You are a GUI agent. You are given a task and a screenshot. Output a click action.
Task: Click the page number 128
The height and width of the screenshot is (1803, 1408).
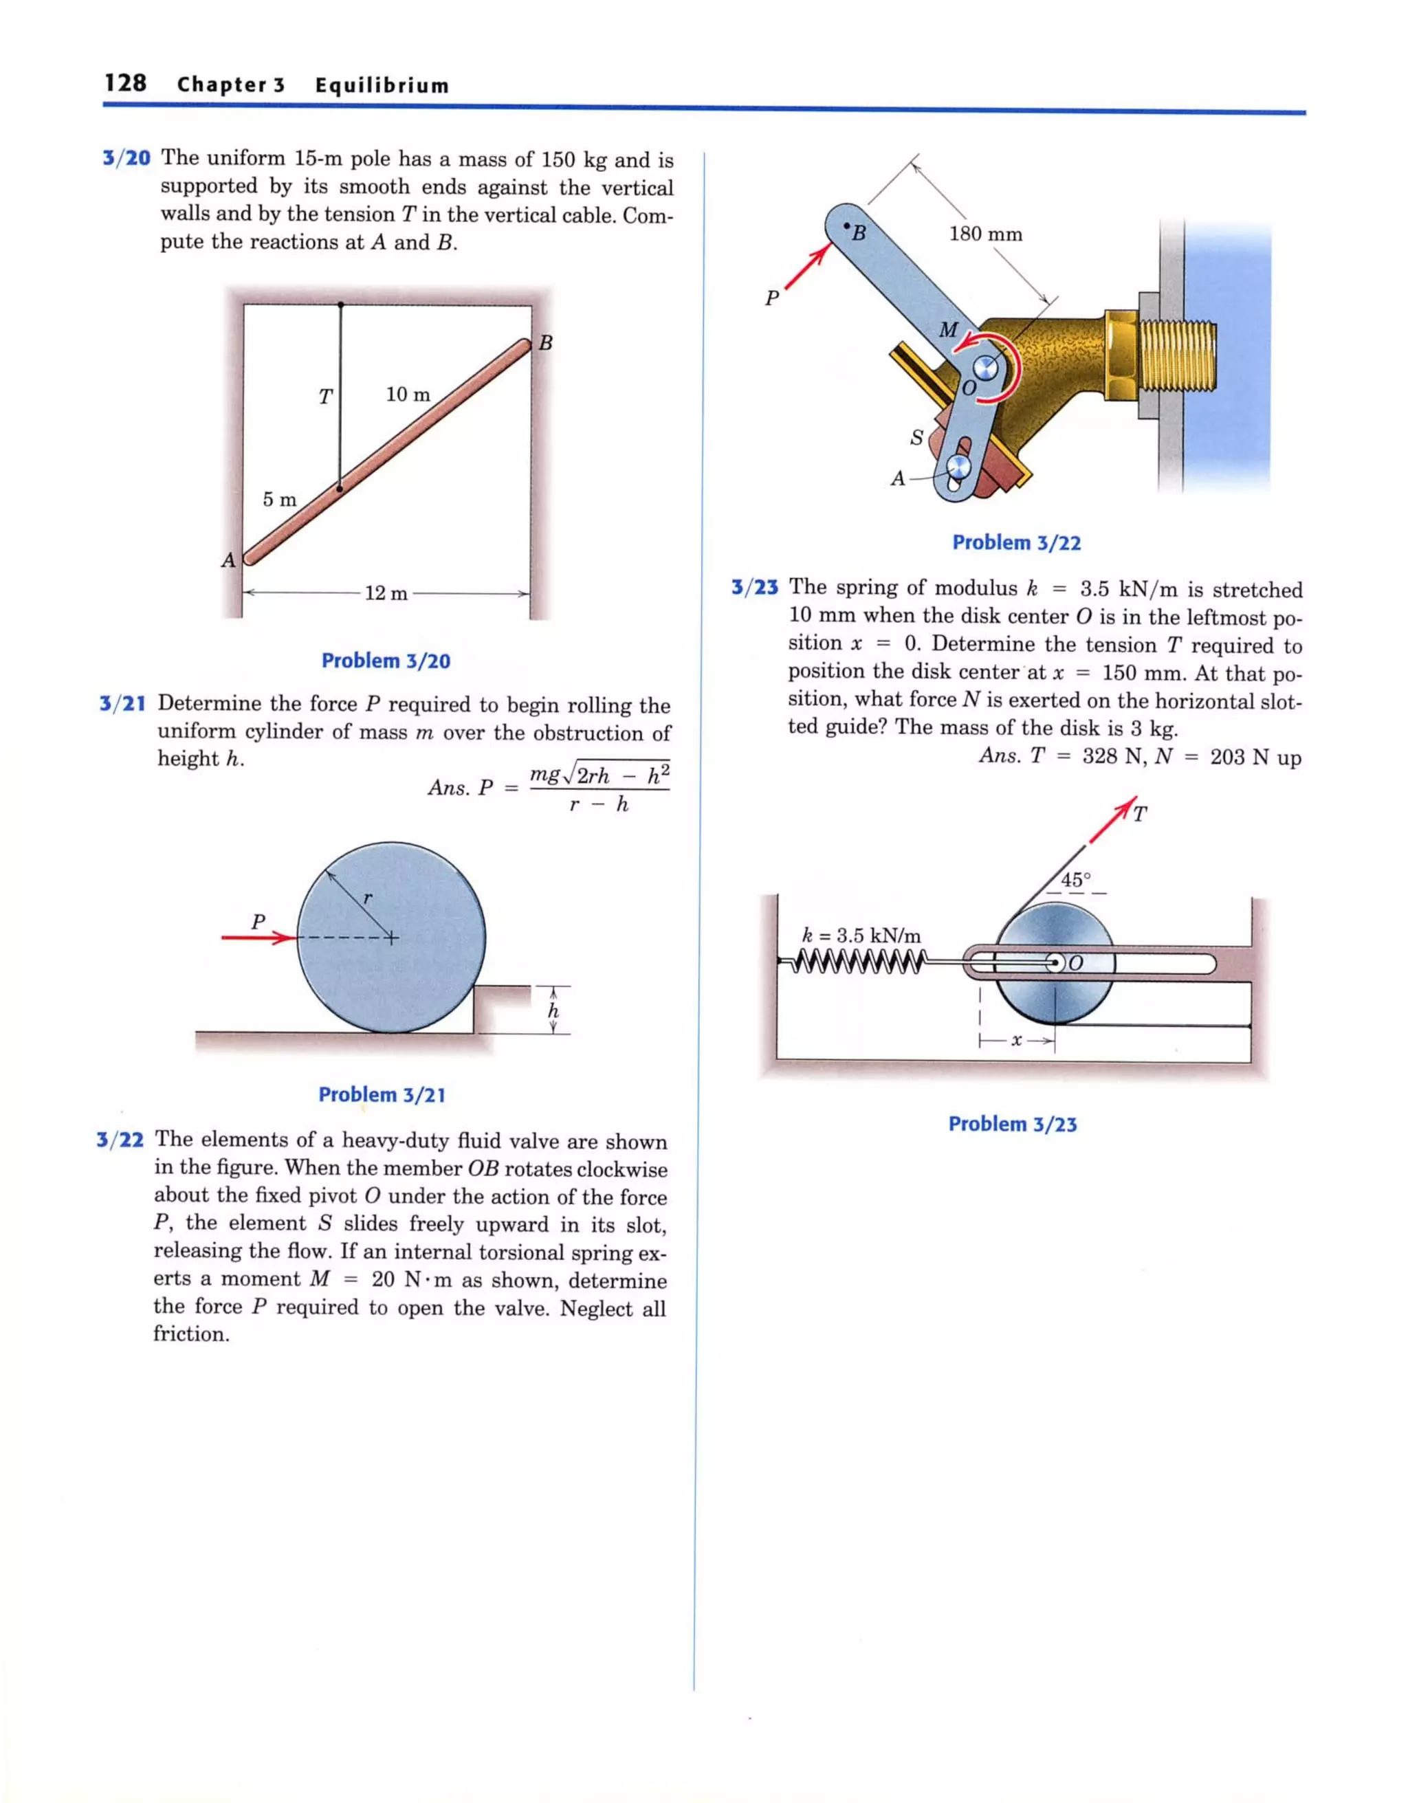point(126,82)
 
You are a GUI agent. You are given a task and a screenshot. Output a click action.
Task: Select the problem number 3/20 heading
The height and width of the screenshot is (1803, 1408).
point(126,157)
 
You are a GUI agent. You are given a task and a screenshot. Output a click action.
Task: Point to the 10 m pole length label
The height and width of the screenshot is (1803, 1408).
point(408,395)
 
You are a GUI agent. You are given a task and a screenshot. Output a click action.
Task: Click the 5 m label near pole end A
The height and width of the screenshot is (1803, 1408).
point(279,500)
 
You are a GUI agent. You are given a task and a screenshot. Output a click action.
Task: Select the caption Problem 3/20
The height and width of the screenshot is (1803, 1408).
point(386,661)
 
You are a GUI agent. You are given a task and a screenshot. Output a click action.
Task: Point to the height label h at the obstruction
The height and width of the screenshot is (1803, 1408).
point(553,1010)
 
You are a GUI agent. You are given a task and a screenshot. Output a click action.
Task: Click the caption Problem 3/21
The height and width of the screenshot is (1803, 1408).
point(382,1095)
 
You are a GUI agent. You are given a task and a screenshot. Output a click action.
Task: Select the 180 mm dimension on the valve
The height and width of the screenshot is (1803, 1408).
point(985,234)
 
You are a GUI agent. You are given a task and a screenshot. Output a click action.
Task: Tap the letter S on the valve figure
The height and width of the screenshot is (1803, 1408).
point(916,438)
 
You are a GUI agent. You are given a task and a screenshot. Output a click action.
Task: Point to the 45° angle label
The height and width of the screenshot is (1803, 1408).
point(1075,880)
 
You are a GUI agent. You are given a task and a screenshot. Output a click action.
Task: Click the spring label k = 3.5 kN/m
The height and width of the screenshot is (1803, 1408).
point(861,936)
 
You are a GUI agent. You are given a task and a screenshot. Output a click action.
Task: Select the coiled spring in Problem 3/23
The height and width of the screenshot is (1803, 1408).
point(855,961)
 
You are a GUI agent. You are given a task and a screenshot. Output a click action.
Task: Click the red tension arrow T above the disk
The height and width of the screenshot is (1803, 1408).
point(1112,821)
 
